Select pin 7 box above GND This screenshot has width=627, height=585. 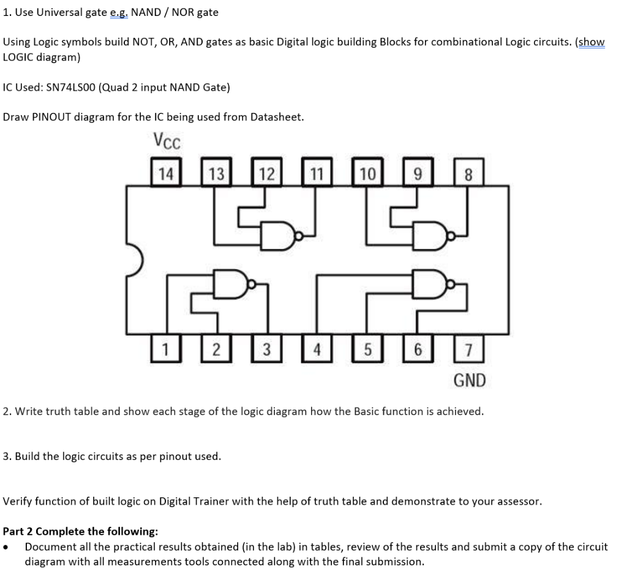pos(469,350)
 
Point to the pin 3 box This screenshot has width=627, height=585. pos(266,350)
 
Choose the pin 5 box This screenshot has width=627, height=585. pos(367,350)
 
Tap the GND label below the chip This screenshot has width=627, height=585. pos(469,381)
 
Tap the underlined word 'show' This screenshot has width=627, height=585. pos(591,42)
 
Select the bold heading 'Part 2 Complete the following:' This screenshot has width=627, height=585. pos(80,531)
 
